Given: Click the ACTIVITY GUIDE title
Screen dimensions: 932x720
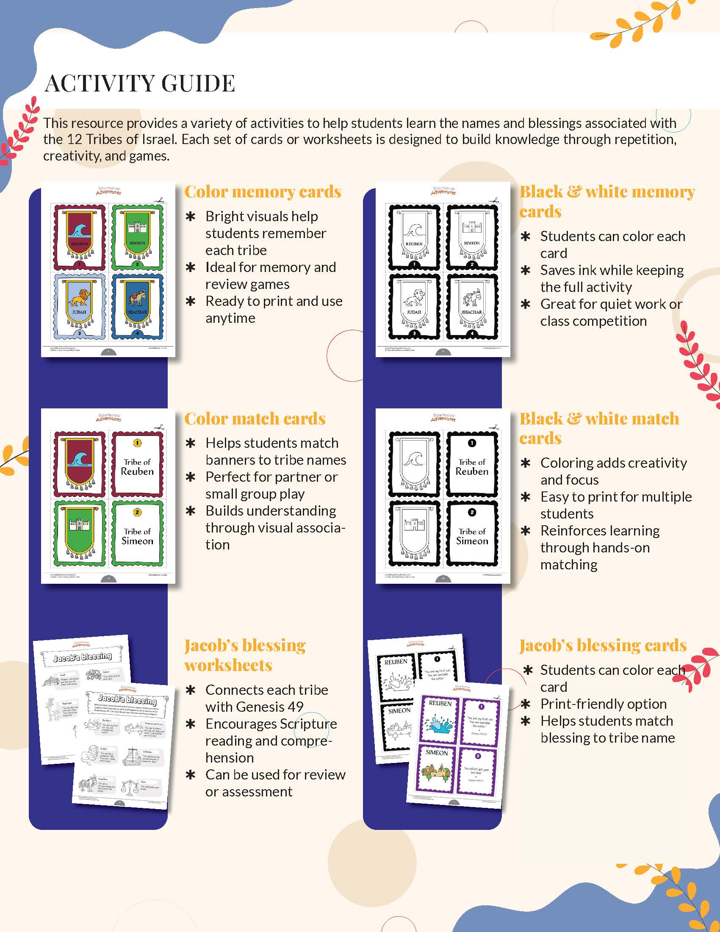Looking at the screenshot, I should [x=140, y=83].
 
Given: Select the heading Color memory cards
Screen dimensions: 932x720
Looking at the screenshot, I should [x=262, y=192].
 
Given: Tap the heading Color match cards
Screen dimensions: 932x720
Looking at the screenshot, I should [x=255, y=419].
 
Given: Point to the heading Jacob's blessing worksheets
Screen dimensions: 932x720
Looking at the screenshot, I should [x=245, y=655].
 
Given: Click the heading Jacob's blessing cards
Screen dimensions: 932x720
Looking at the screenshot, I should [x=602, y=645].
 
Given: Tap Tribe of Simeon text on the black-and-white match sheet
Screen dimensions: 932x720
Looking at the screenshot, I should [x=472, y=536].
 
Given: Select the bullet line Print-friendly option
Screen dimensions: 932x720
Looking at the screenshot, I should [x=603, y=704].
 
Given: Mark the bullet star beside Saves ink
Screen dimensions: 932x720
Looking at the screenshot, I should [x=526, y=270].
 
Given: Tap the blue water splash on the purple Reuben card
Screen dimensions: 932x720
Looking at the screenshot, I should [x=439, y=724].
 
